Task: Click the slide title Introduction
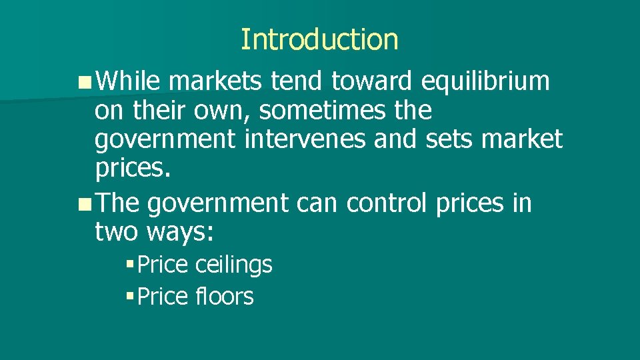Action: [x=319, y=39]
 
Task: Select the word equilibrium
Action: [x=486, y=82]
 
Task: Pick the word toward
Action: [x=373, y=82]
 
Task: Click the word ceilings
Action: [x=234, y=265]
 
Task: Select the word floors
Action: [x=225, y=296]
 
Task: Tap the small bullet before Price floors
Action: [x=129, y=296]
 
